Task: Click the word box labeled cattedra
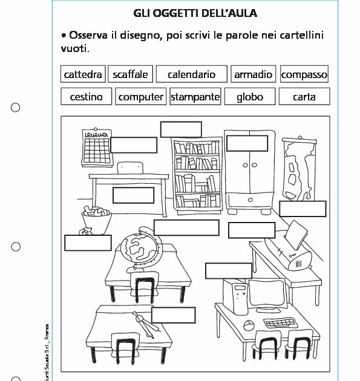tap(83, 74)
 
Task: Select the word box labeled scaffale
tap(130, 74)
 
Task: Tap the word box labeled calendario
tap(191, 74)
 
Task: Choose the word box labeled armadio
tap(253, 74)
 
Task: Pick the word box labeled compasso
tap(304, 74)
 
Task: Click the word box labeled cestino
tap(87, 97)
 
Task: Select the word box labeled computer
tap(140, 97)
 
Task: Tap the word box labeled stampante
tap(195, 97)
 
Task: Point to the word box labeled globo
tap(249, 97)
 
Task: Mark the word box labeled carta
tap(304, 97)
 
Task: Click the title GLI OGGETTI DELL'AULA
tap(195, 13)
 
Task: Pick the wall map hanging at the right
tap(297, 166)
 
